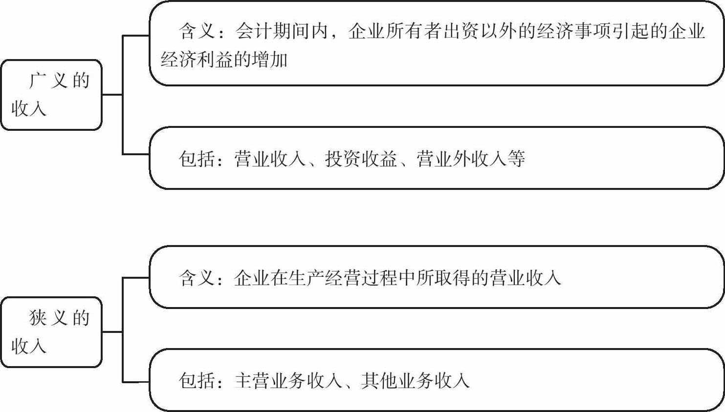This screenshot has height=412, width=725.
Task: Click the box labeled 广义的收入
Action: (x=51, y=95)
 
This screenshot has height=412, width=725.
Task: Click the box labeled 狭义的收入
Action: (x=51, y=332)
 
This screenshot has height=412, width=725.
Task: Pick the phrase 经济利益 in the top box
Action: (x=198, y=60)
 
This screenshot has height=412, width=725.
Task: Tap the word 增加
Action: (x=270, y=60)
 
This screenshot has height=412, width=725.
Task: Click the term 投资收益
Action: (x=361, y=159)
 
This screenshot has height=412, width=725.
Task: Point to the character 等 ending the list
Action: (x=516, y=159)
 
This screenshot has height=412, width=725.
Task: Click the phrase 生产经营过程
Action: (x=342, y=278)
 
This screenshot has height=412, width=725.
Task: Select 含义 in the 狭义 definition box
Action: (x=197, y=278)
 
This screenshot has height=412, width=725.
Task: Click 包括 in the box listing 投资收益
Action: (x=197, y=159)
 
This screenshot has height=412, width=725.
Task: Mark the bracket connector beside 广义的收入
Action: (x=122, y=95)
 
